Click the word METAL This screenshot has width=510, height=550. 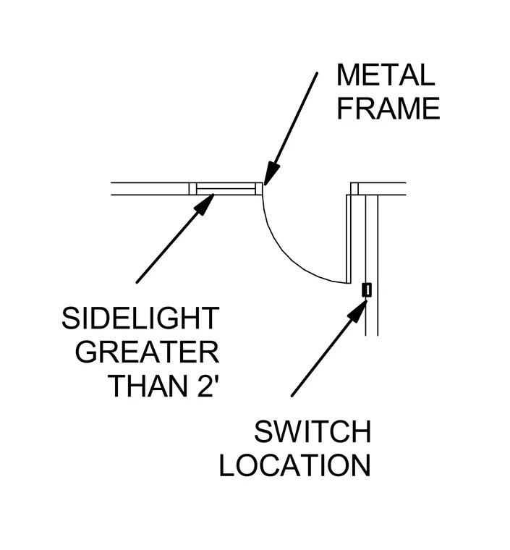click(x=386, y=75)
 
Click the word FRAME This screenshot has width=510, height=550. click(x=388, y=109)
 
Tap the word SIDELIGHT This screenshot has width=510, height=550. click(x=140, y=318)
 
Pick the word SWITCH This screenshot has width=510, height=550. click(x=313, y=432)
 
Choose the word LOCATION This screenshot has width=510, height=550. click(x=294, y=465)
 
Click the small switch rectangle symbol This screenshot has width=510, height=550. click(x=367, y=289)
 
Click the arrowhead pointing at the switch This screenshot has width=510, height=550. click(x=357, y=310)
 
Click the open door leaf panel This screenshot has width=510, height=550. click(x=349, y=239)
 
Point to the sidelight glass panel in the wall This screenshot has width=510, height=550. click(x=226, y=189)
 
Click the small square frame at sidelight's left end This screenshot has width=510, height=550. click(x=192, y=189)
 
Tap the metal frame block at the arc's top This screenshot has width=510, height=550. click(x=259, y=189)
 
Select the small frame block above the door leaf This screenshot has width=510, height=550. click(x=354, y=189)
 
